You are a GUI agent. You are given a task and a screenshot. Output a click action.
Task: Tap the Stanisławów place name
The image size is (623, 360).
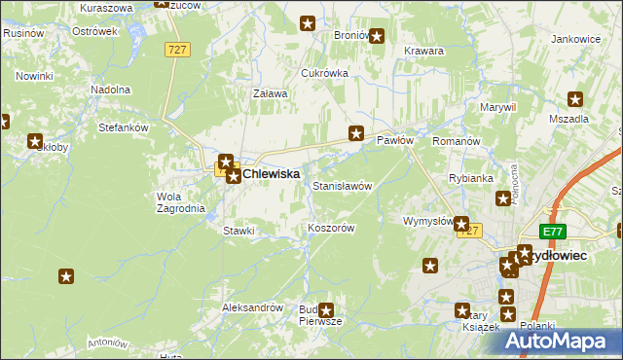(342, 185)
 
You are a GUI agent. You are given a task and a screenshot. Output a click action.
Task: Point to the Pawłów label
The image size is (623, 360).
(395, 141)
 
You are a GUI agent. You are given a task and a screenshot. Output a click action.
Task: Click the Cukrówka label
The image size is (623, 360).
(324, 73)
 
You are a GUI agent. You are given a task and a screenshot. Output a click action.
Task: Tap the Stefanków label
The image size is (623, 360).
(123, 126)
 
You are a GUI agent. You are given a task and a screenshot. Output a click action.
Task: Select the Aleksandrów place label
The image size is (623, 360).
(252, 306)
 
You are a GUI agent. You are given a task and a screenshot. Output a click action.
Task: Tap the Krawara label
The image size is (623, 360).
(423, 51)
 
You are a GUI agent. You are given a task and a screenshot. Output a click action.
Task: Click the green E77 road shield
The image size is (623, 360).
(554, 231)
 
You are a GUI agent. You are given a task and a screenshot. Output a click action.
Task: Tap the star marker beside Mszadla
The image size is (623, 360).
(575, 98)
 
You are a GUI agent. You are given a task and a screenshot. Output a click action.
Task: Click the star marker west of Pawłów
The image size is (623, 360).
(356, 134)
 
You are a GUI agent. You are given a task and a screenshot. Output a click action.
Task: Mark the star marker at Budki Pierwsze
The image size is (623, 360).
(326, 310)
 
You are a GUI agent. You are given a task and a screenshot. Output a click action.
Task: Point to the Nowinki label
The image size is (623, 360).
(33, 75)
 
